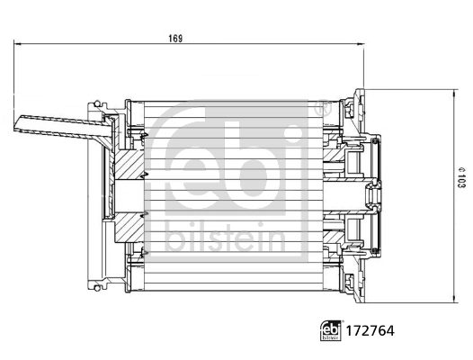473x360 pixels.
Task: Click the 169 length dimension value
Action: pos(175,37)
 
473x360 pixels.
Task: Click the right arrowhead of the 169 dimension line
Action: pos(359,42)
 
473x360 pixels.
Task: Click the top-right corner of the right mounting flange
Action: pos(361,90)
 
